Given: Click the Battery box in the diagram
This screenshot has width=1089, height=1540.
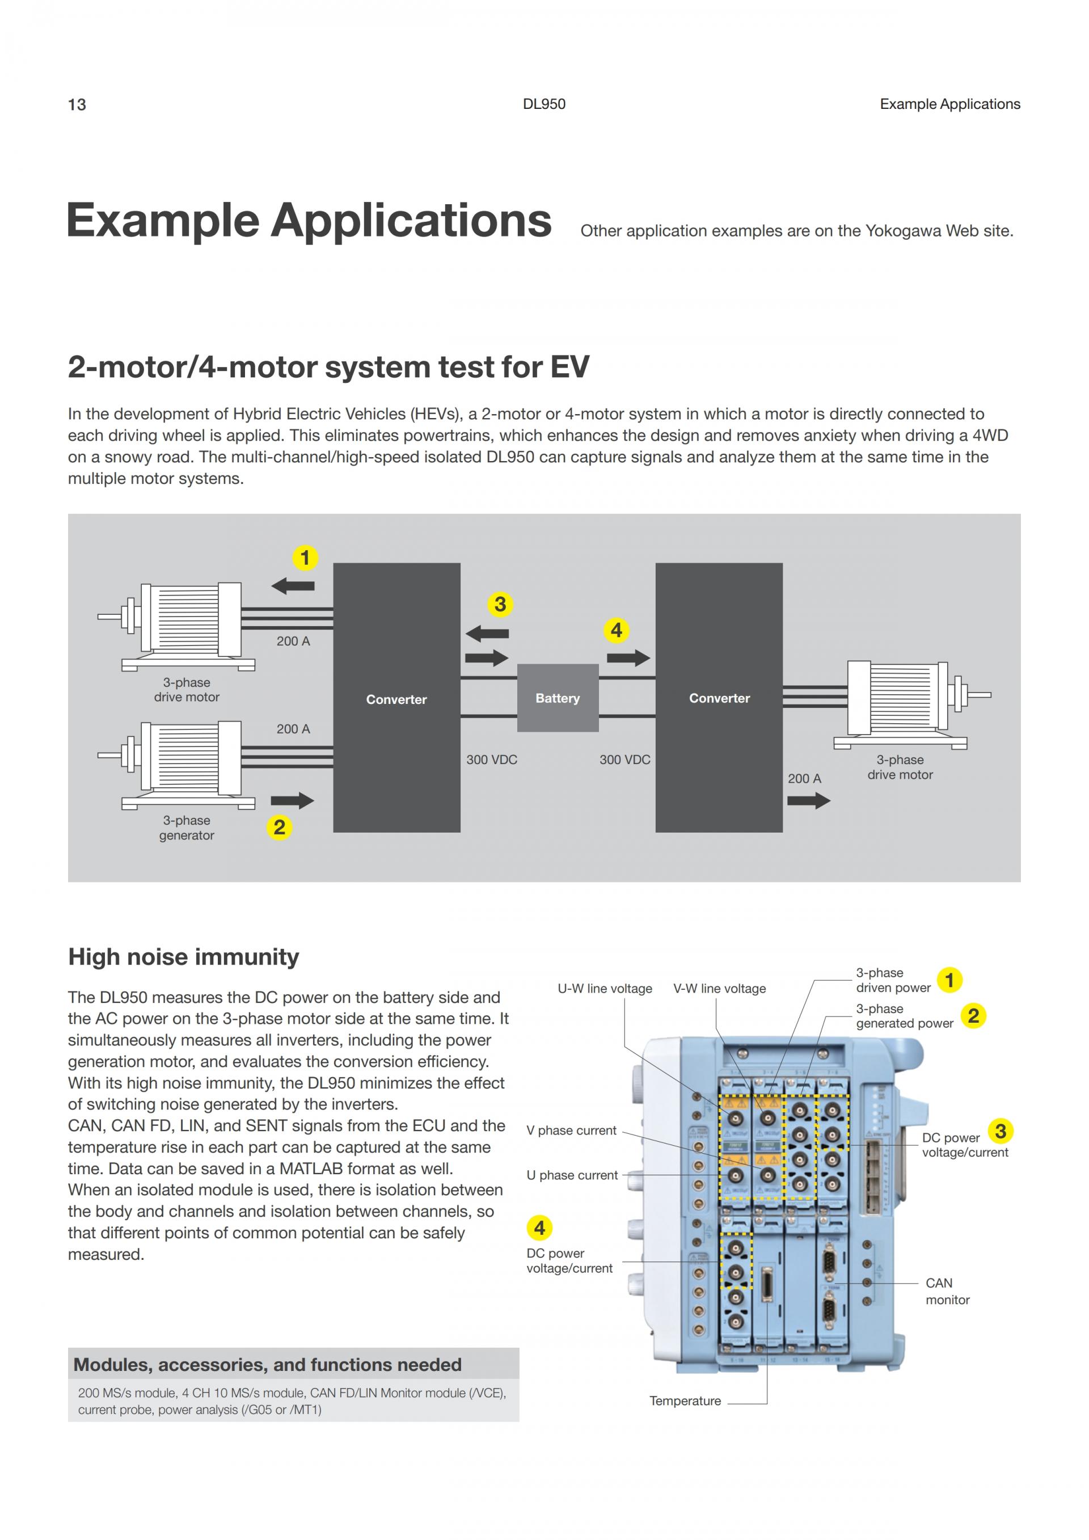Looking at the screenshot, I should click(557, 698).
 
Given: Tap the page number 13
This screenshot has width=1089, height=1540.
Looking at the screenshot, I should click(77, 104).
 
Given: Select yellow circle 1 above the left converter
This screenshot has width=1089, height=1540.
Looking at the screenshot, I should click(305, 558).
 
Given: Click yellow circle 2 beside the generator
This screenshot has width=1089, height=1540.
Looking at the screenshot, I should click(280, 827).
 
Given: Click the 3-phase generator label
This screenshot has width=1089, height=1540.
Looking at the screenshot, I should click(187, 828).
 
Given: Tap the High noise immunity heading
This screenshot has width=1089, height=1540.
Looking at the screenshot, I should click(184, 956).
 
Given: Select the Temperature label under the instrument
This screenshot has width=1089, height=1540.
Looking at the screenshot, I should click(685, 1400).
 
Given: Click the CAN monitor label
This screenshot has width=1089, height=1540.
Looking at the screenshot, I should click(947, 1291).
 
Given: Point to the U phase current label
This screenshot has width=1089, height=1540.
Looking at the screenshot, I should click(572, 1175).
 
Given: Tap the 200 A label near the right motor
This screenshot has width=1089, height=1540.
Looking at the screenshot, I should click(804, 779).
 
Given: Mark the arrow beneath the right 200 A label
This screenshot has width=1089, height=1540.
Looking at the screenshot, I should click(809, 800).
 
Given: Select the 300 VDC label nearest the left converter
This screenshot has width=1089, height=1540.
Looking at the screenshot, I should click(492, 760).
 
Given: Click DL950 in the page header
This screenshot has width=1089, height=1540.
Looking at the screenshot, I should click(544, 104).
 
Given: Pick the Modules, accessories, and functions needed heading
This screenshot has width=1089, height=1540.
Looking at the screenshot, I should click(267, 1365).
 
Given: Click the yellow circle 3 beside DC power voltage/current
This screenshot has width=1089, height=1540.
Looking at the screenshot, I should click(1001, 1132).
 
